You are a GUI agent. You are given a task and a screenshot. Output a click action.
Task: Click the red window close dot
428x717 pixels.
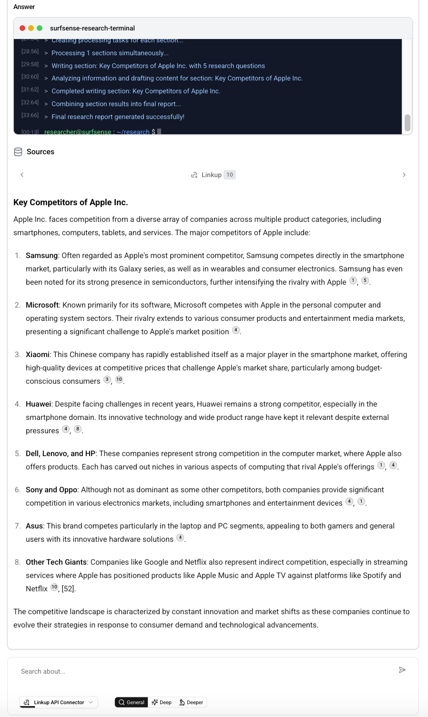[x=22, y=28]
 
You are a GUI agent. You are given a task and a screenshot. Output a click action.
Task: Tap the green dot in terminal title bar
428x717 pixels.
[x=40, y=28]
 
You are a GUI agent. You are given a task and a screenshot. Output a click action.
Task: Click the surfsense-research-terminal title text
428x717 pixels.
[x=92, y=28]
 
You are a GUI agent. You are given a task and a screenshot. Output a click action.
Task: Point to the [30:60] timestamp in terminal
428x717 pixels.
[x=30, y=77]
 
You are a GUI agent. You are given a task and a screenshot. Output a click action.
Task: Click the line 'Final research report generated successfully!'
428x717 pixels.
[x=118, y=117]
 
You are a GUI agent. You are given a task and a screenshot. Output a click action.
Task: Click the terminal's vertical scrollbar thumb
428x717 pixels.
[x=408, y=122]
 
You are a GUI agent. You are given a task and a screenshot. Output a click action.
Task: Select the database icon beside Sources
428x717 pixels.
[x=18, y=152]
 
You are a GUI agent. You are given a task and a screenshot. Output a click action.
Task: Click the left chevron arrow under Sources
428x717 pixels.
[x=22, y=175]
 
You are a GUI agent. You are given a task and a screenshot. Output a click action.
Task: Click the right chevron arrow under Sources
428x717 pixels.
[x=404, y=175]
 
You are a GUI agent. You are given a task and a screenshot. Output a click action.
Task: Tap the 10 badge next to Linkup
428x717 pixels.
[x=230, y=175]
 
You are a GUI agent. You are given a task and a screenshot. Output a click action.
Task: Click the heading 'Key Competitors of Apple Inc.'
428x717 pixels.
[x=71, y=202]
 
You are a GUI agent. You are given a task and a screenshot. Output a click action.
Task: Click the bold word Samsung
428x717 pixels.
[x=41, y=256]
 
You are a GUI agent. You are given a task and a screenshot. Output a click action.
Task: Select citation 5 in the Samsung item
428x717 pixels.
[x=365, y=280]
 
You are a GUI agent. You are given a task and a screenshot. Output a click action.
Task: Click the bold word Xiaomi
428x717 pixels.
[x=38, y=355]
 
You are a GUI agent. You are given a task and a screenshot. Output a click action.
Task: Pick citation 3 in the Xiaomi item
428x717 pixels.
[x=107, y=379]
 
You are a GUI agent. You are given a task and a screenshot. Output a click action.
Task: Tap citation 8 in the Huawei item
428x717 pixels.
[x=78, y=429]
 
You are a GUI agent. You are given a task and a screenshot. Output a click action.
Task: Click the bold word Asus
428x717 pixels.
[x=34, y=526]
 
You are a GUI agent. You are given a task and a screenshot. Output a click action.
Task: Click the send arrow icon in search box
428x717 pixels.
[x=402, y=670]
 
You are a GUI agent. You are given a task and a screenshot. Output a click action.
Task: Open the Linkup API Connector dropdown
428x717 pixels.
[x=59, y=702]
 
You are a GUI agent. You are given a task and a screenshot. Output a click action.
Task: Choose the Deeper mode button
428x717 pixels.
[x=191, y=702]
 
